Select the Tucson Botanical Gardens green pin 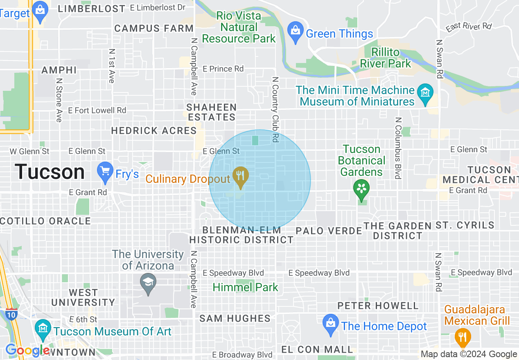362,189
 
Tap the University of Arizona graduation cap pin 148,283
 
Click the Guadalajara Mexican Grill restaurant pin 463,337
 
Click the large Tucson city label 50,172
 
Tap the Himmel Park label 245,287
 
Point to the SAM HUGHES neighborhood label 235,318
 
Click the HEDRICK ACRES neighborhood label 154,131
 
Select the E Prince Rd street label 223,69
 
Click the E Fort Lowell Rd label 97,110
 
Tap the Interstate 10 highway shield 11,315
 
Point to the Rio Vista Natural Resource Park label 239,27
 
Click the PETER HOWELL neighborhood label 377,306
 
